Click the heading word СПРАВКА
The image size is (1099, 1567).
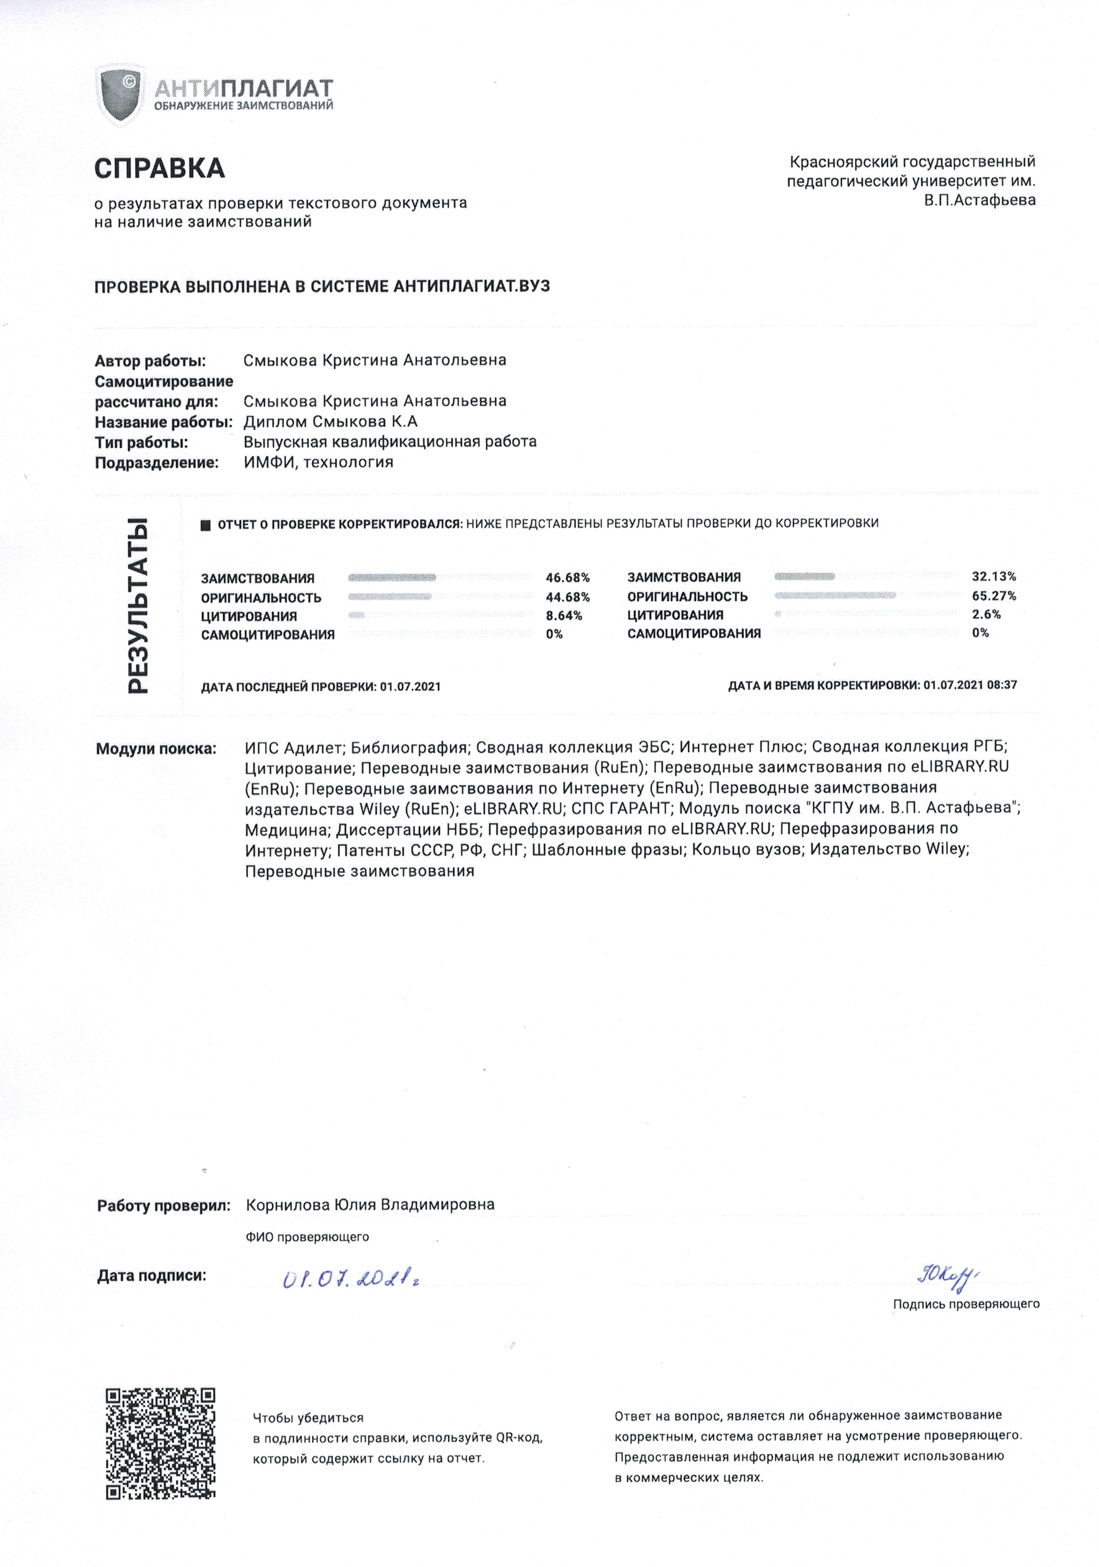[x=159, y=168]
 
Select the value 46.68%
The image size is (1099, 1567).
[x=567, y=578]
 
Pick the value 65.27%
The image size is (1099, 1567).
[x=993, y=596]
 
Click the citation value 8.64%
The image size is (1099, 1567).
[x=564, y=615]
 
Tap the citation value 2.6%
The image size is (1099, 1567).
[x=986, y=614]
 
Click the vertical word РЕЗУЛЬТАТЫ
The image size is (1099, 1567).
[x=139, y=606]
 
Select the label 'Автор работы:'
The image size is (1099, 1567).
[x=150, y=361]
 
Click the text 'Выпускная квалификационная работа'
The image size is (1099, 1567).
[x=390, y=442]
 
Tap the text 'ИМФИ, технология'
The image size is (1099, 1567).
[x=318, y=462]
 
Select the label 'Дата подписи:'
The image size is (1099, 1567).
[x=151, y=1274]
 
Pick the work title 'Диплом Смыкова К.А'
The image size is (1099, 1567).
[x=330, y=421]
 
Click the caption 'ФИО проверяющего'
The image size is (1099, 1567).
[x=307, y=1236]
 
